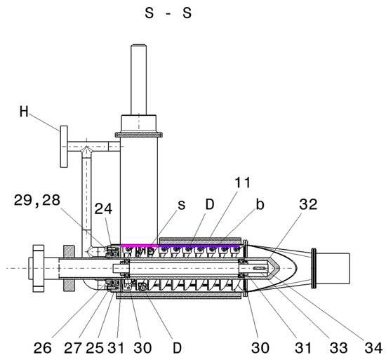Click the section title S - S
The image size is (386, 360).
[x=168, y=13]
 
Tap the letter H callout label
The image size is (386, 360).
[x=24, y=112]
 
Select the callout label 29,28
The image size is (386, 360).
[x=37, y=200]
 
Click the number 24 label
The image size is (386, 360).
[x=103, y=208]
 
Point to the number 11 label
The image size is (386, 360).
[x=243, y=182]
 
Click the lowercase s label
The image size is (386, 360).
[x=182, y=205]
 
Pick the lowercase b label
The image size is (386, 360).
[x=260, y=204]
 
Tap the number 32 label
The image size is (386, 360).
[x=308, y=204]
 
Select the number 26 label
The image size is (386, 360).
[x=43, y=348]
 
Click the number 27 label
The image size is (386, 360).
[x=73, y=348]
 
